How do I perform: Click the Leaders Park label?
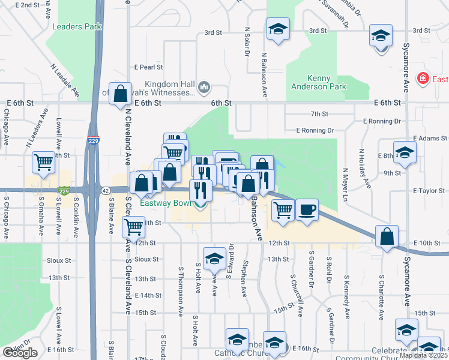coord(77,26)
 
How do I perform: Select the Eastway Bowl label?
coord(166,203)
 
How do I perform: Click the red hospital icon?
coord(423,79)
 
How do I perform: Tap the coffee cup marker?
coord(307,210)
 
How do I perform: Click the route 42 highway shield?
coord(106,190)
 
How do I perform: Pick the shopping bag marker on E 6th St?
coord(120,94)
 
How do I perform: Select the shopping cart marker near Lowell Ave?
coord(44,162)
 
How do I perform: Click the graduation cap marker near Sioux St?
coord(214,259)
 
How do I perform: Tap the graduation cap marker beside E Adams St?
coord(405,152)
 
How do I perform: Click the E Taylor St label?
coord(427,190)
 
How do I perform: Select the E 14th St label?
coord(148,295)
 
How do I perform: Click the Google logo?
coord(20,353)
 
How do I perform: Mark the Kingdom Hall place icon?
coord(205,88)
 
